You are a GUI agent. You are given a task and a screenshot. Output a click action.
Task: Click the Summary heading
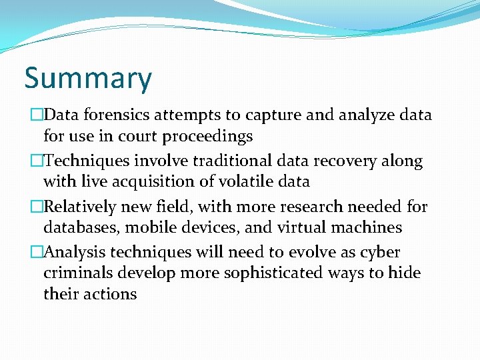pyautogui.click(x=88, y=79)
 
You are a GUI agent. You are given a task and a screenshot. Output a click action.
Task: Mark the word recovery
pyautogui.click(x=353, y=161)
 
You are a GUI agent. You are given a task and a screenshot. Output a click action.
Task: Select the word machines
pyautogui.click(x=363, y=227)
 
